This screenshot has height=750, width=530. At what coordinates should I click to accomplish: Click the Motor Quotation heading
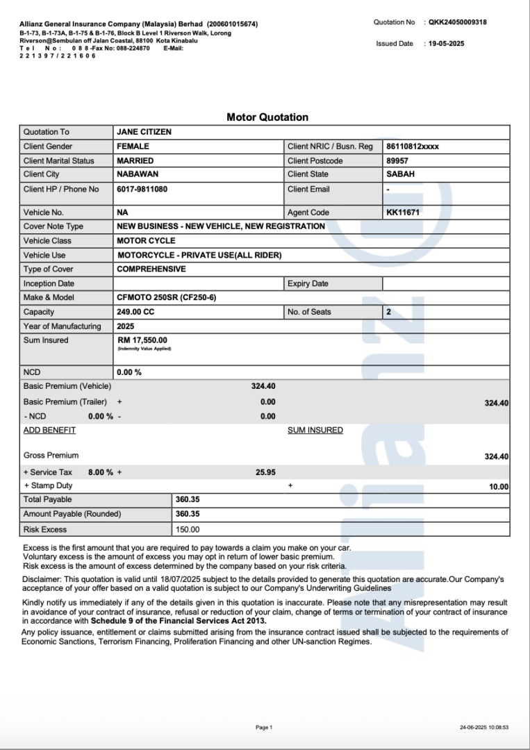(267, 117)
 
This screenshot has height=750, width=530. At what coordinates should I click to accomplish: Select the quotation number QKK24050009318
(457, 22)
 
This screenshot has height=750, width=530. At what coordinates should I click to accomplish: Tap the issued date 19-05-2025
(447, 44)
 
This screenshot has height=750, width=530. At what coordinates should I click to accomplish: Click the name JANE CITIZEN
(144, 132)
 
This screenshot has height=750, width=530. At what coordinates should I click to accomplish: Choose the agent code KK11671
(403, 212)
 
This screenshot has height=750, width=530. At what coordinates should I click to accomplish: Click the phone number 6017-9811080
(142, 189)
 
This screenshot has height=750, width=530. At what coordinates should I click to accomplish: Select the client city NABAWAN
(138, 174)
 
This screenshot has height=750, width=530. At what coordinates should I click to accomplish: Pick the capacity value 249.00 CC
(135, 312)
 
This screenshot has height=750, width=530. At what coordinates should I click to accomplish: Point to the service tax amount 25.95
(265, 472)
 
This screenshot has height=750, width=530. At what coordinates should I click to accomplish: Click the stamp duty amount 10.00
(498, 487)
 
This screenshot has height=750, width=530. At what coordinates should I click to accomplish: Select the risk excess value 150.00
(188, 529)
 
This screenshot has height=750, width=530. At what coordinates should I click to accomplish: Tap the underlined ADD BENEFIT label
(49, 430)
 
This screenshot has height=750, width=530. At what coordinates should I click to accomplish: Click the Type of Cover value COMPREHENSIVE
(151, 269)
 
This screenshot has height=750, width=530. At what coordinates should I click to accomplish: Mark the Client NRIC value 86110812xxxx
(413, 147)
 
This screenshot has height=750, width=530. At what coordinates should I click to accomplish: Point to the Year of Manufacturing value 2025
(126, 326)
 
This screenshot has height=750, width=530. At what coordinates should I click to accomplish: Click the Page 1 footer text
(264, 727)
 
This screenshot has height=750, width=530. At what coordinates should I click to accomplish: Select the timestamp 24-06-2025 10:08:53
(483, 727)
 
